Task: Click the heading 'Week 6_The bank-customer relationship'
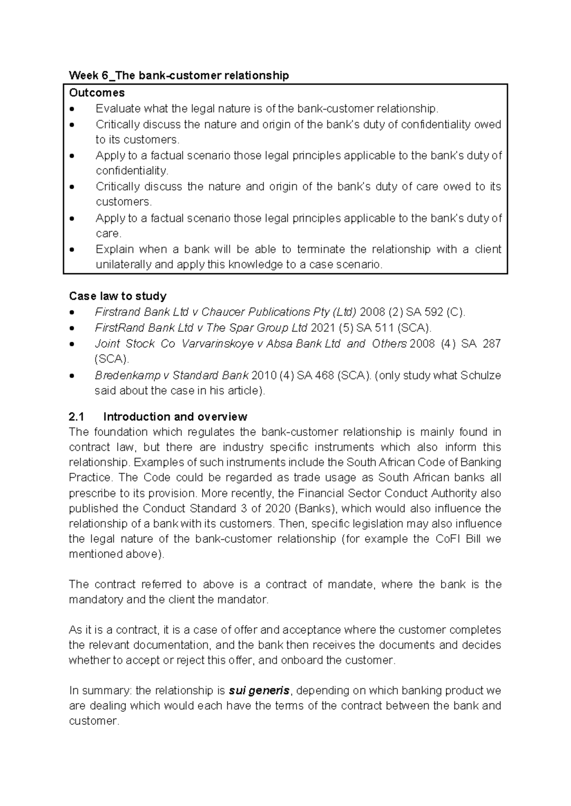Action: [179, 76]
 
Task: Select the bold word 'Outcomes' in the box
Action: [97, 93]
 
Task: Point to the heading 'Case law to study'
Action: [118, 296]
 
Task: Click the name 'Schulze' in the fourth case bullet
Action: [481, 375]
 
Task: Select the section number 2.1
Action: [77, 417]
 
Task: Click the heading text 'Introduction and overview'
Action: [175, 417]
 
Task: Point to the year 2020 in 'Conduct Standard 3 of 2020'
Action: [277, 509]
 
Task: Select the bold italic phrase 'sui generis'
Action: [259, 691]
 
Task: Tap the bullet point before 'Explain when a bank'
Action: [72, 249]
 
